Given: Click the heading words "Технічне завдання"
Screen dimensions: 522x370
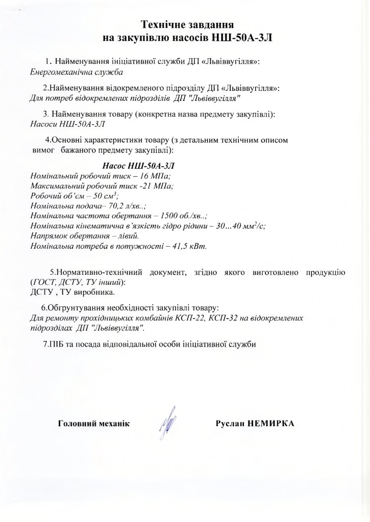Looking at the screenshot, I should [187, 25].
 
